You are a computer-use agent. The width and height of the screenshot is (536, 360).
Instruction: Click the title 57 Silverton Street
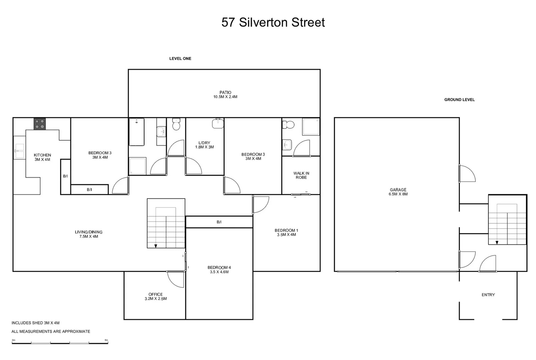(x=273, y=22)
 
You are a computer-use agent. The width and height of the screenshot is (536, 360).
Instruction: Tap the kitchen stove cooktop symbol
(x=40, y=124)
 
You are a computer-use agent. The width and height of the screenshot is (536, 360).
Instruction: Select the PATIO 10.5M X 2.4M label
(x=225, y=95)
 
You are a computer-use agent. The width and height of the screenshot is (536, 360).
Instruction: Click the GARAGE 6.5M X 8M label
(x=398, y=192)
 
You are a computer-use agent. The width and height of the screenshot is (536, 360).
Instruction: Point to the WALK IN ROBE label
(x=301, y=175)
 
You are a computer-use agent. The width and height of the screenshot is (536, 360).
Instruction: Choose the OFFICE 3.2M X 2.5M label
(x=156, y=296)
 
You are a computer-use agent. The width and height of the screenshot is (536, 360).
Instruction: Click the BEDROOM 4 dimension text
(x=219, y=272)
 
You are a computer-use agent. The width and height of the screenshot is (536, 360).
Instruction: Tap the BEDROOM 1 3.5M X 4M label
(x=286, y=232)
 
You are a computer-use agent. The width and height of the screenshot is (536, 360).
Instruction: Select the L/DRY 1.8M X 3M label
(x=204, y=145)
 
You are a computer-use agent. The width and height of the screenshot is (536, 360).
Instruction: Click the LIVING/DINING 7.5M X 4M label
(x=89, y=234)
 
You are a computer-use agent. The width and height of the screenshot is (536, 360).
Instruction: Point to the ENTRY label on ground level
(x=488, y=295)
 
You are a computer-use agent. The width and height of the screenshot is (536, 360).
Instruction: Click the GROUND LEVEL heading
(x=459, y=100)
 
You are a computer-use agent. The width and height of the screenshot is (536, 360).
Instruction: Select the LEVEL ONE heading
(x=180, y=58)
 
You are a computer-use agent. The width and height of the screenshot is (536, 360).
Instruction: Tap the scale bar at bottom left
(x=60, y=342)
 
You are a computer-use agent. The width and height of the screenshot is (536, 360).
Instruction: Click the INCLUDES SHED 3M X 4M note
(x=36, y=323)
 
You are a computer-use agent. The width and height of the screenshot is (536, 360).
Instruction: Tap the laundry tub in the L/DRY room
(x=218, y=123)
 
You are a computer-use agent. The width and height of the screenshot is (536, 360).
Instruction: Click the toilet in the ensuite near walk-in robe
(x=288, y=125)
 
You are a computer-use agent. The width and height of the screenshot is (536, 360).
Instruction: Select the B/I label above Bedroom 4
(x=219, y=222)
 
